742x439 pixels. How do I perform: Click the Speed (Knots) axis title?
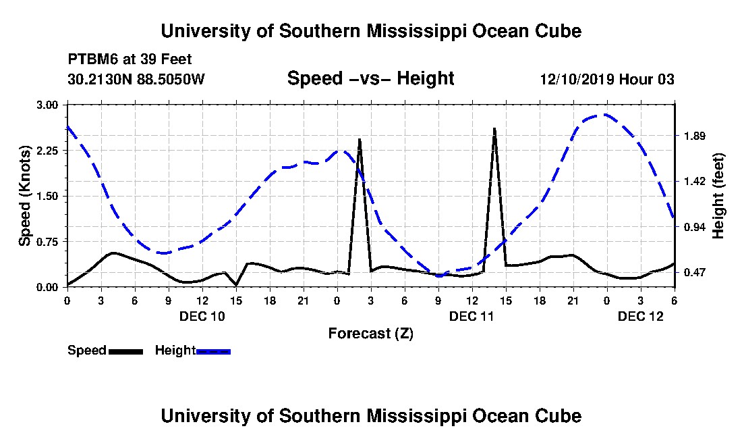coord(24,196)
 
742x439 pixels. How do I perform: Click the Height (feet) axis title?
coord(718,196)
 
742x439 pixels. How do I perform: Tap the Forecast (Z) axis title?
coord(370,334)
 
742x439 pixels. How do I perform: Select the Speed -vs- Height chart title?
coord(370,78)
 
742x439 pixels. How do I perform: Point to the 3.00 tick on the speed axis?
coord(47,105)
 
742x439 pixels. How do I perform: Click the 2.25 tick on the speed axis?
coord(47,151)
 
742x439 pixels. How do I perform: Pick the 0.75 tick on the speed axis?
coord(47,242)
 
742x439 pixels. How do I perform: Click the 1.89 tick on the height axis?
coord(694,136)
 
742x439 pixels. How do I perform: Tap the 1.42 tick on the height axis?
coord(694,182)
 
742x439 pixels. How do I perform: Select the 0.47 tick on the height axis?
coord(694,273)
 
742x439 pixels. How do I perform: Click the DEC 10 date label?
coord(202,316)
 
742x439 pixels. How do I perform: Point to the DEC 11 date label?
coord(472,316)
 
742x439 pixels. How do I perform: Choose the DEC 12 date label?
coord(641,316)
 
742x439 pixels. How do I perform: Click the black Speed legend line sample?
coord(125,351)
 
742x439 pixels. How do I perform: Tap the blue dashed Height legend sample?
coord(213,351)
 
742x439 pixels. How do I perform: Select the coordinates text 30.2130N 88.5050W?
coord(136,79)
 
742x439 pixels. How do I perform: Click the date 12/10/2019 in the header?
coord(577,79)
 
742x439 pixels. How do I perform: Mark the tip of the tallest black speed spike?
coord(494,128)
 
